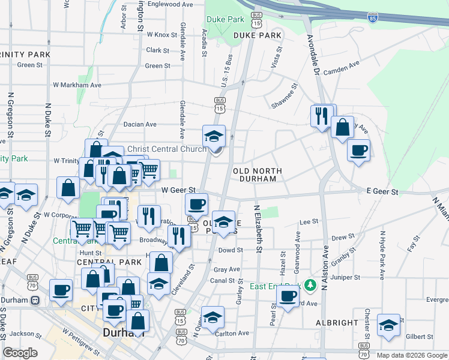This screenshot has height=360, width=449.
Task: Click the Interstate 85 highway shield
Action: coord(373,19)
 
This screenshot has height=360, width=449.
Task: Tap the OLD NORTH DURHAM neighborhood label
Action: coord(258,174)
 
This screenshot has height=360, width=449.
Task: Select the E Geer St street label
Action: coord(382,192)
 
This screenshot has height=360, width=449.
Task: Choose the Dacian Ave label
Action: coord(140,125)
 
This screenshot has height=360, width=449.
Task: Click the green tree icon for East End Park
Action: coord(310,284)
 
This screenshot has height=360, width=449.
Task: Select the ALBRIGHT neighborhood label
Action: coord(337,323)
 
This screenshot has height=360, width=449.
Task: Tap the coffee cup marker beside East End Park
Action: coord(288,297)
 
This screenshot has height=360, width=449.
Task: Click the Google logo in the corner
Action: coord(20,353)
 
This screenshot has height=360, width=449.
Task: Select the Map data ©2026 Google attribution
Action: coord(411,355)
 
